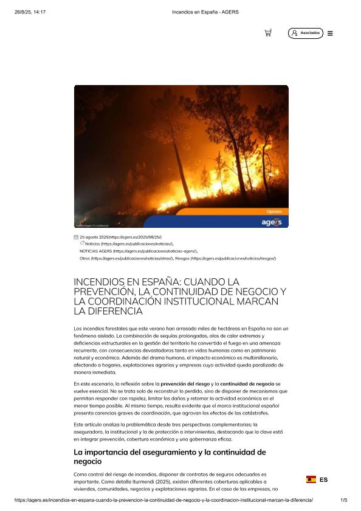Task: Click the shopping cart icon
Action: click(268, 33)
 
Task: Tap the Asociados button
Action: click(306, 33)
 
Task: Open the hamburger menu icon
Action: click(330, 33)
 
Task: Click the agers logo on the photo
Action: click(270, 222)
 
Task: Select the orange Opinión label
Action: click(274, 211)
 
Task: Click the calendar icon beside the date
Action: click(76, 237)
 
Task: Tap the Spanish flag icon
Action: click(311, 479)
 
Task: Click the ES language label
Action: click(323, 479)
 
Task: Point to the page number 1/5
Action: click(343, 500)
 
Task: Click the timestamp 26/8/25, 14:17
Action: click(30, 11)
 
